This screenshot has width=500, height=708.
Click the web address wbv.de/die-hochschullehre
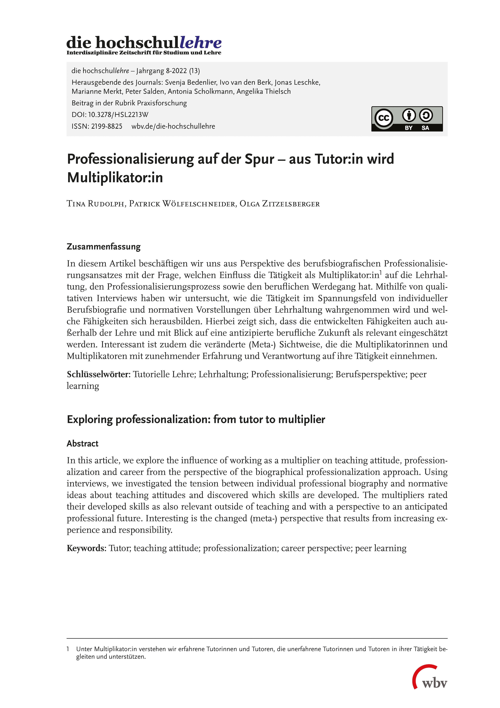click(173, 126)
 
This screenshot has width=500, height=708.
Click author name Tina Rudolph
click(95, 204)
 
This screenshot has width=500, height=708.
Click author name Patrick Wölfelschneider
click(182, 204)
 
